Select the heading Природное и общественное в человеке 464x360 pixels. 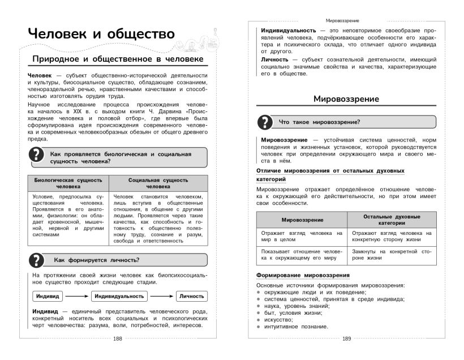point(117,59)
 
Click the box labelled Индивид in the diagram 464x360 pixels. point(48,296)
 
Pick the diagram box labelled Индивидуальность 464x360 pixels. point(119,296)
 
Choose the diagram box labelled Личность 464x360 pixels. point(191,296)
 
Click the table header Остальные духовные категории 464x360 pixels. point(392,220)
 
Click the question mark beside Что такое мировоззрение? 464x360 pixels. point(264,122)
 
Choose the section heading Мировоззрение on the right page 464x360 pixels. point(346,99)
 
